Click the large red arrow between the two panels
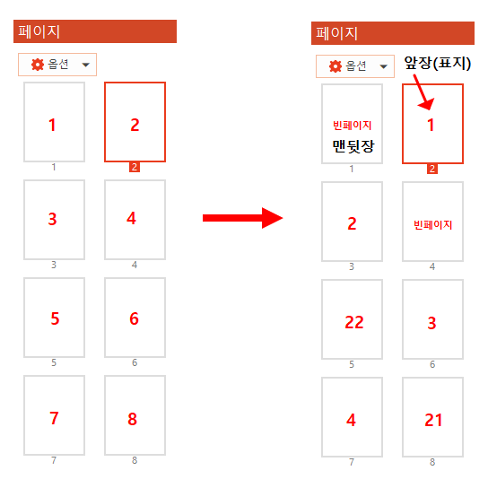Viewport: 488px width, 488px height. coord(243,218)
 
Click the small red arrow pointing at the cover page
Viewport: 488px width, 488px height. coord(423,92)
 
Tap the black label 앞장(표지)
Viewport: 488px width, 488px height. coord(437,63)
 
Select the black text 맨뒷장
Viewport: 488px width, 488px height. coord(353,146)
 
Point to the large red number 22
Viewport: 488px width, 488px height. coord(354,322)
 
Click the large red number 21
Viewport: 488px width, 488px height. coord(433,420)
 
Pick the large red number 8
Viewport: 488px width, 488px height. coord(132,419)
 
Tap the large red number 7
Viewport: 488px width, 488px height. coord(54,418)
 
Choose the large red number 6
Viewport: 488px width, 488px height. coord(134,318)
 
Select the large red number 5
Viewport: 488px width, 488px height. coord(55,318)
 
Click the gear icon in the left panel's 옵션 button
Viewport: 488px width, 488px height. coord(38,65)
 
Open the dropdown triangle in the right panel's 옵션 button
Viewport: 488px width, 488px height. coord(384,66)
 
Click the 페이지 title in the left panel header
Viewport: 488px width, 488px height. coord(39,31)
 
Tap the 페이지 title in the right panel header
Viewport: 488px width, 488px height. coord(336,33)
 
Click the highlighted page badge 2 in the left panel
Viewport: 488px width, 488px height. coord(135,167)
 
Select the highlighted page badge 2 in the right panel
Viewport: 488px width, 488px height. coord(432,169)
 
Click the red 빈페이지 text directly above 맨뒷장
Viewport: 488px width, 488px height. coord(352,126)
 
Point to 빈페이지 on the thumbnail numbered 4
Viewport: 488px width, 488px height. coord(432,224)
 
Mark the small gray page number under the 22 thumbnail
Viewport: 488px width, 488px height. coord(352,364)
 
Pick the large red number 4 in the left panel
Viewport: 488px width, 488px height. coord(131,218)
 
